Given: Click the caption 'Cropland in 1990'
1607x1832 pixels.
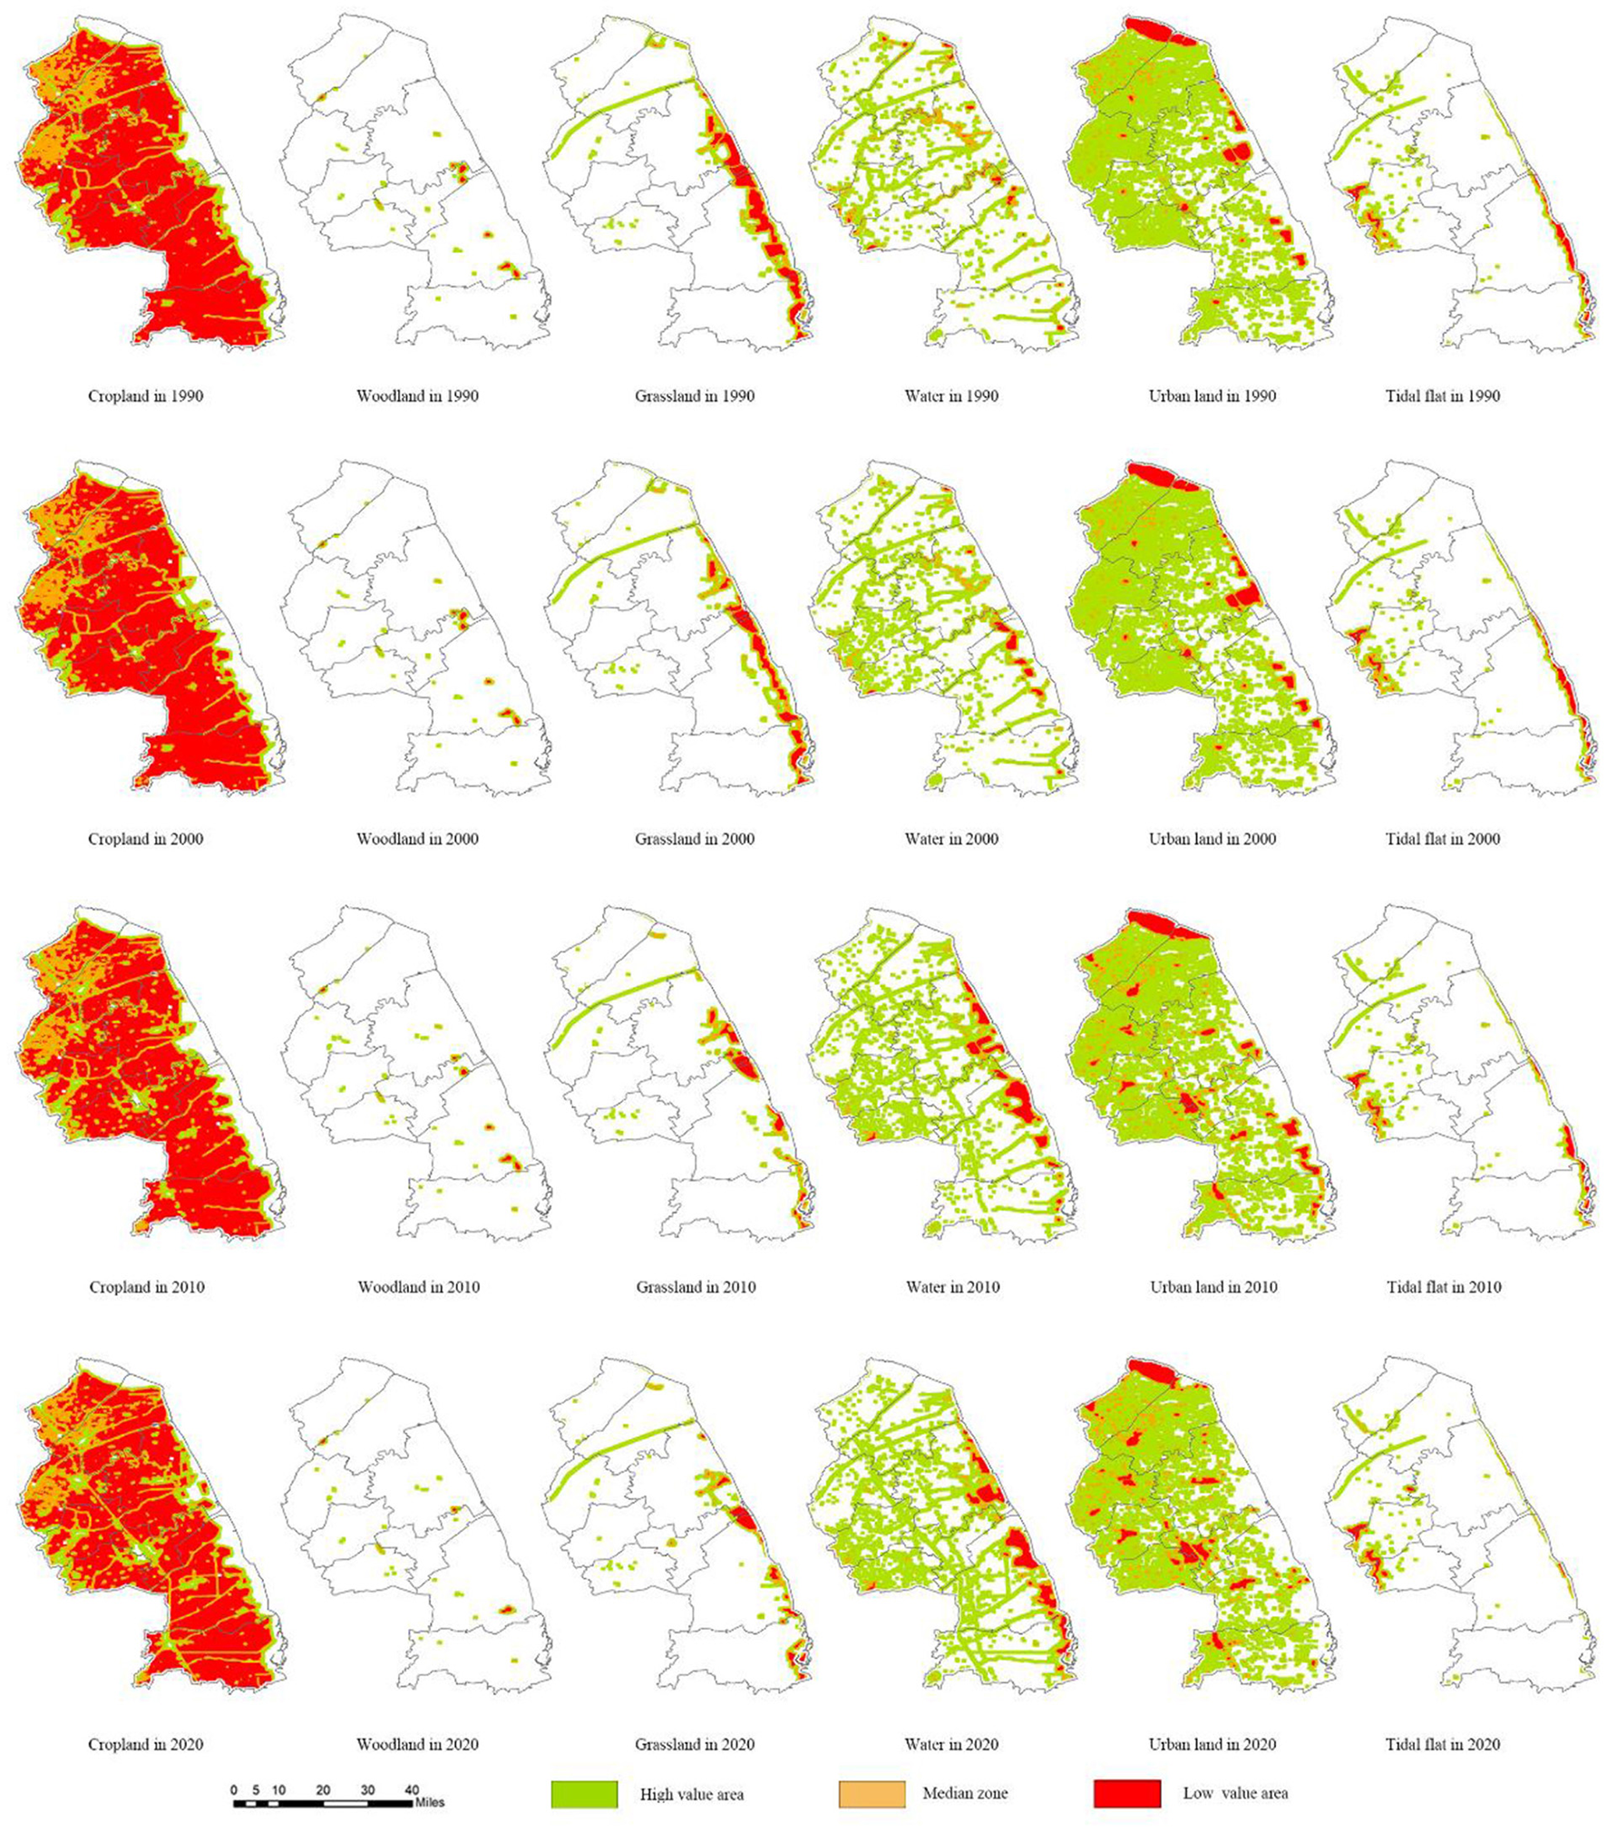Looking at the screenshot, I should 145,395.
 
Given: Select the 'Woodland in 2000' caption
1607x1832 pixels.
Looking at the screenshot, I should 417,839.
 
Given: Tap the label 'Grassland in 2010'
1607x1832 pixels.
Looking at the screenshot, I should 696,1286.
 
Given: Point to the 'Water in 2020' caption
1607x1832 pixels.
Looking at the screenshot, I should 951,1743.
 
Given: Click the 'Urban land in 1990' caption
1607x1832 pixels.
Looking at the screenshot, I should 1212,395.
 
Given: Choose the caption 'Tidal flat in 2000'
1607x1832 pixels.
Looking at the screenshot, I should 1442,839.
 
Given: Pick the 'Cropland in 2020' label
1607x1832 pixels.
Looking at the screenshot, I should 145,1743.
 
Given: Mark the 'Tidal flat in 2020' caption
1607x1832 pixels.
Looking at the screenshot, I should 1442,1743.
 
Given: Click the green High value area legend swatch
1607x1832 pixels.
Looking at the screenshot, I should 584,1794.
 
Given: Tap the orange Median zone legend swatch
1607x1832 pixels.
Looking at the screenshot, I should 872,1794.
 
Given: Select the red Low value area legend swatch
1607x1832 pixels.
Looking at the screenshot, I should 1126,1794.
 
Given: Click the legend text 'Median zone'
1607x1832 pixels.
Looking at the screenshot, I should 965,1793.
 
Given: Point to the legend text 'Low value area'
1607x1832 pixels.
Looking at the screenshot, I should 1235,1793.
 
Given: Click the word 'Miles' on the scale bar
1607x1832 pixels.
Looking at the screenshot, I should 430,1803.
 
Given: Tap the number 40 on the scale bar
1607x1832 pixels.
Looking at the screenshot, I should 412,1790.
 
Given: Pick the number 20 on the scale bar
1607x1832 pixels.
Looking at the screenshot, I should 323,1790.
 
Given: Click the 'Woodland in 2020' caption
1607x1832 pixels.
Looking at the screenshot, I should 417,1743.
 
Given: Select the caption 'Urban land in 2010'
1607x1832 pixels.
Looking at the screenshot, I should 1213,1286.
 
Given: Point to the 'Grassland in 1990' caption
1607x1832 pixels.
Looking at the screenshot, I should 694,395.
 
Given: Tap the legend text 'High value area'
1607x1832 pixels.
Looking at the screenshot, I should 691,1794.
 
